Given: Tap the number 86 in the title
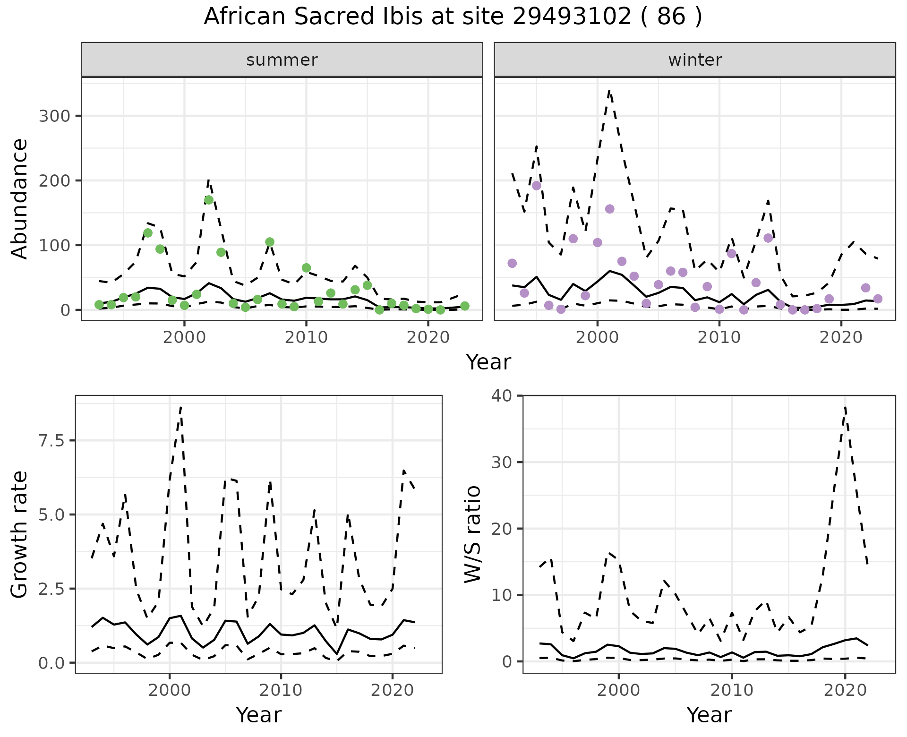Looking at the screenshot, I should pos(671,17).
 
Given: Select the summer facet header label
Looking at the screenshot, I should pos(282,60).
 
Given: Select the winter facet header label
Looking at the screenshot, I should pos(695,60).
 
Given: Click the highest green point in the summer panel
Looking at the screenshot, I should pos(209,200).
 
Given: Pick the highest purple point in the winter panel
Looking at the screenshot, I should pos(536,186).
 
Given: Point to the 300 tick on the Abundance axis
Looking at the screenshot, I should pos(54,116).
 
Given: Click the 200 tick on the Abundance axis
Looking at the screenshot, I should pos(54,181).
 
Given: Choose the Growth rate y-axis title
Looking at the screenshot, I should pos(20,534).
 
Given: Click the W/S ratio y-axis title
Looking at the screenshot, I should pos(472,534).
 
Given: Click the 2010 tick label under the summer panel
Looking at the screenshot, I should pos(306,337).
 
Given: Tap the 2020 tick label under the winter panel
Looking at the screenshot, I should pos(841,337).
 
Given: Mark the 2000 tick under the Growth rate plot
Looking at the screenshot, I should pos(170,690).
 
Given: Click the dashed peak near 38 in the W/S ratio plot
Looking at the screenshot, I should pos(845,407).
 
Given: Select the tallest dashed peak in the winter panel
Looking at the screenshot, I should pos(609,90).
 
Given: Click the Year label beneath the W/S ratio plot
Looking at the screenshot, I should pos(709,715).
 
